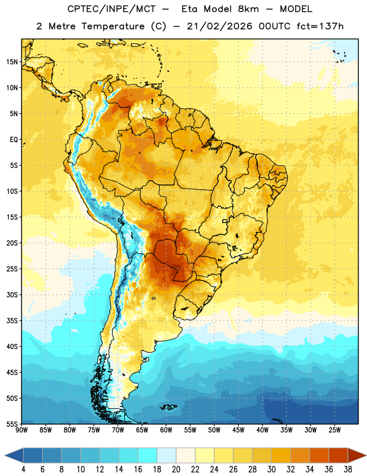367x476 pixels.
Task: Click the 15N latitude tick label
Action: [12, 62]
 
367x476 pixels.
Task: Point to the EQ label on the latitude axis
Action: [14, 140]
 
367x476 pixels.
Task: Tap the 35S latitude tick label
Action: [12, 321]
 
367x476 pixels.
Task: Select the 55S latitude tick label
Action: [12, 424]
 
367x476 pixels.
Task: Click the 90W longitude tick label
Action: [21, 430]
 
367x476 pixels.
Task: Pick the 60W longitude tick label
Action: [166, 430]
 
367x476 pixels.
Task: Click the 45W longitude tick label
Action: [238, 430]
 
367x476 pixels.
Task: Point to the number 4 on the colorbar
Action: [23, 469]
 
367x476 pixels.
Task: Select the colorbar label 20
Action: [176, 469]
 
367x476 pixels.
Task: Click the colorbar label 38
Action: [347, 469]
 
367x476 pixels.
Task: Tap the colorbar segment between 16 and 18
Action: [148, 455]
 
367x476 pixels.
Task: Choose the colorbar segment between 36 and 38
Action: [338, 455]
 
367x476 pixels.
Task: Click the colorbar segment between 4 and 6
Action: [33, 455]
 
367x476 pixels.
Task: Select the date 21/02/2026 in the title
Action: [219, 26]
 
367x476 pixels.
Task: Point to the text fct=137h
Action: [320, 26]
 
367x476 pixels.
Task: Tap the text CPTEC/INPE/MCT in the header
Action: [111, 9]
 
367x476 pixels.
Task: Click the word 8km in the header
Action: [248, 9]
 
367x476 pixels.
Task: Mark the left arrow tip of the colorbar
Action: [5, 455]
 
